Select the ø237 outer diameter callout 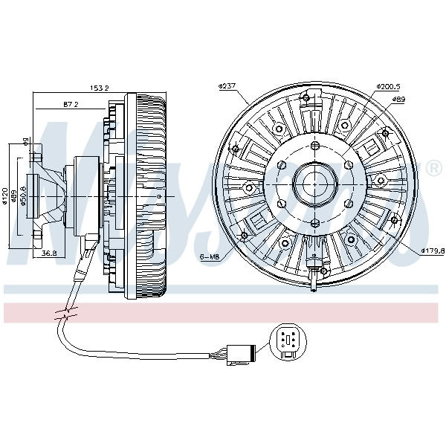pos(227,87)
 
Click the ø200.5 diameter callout pos(388,87)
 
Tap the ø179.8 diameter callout pos(432,251)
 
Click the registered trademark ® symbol pos(433,170)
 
